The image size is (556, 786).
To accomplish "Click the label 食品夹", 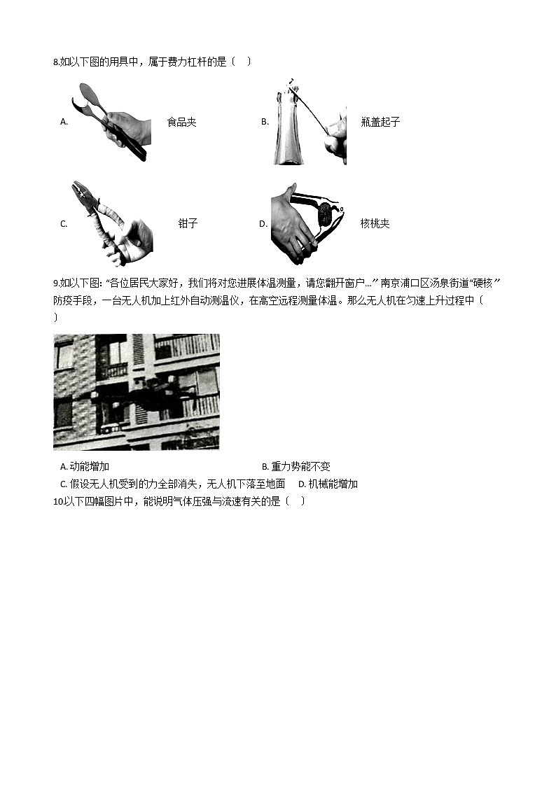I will pyautogui.click(x=181, y=122).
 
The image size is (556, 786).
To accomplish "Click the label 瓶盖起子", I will pyautogui.click(x=381, y=122).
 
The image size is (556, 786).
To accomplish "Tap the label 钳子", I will pyautogui.click(x=188, y=224).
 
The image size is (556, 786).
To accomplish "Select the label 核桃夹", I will pyautogui.click(x=375, y=224).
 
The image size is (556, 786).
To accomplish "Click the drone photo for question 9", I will pyautogui.click(x=136, y=391).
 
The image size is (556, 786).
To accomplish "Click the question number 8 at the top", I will pyautogui.click(x=56, y=62).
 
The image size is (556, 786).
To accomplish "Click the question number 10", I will pyautogui.click(x=58, y=501).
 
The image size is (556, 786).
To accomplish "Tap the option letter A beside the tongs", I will pyautogui.click(x=64, y=122).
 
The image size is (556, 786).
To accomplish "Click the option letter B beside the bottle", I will pyautogui.click(x=265, y=122).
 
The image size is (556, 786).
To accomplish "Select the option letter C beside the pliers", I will pyautogui.click(x=64, y=224).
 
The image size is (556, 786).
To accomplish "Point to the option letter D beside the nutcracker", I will pyautogui.click(x=263, y=224).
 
